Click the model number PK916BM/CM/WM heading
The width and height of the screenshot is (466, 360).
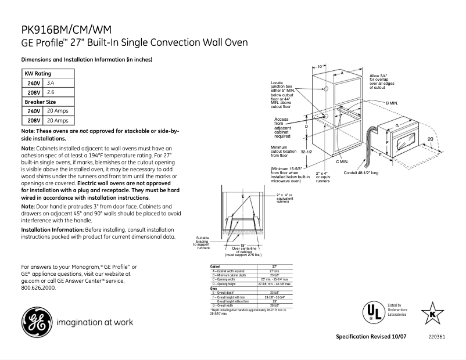(x=67, y=30)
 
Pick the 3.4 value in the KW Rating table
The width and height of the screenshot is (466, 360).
(x=51, y=83)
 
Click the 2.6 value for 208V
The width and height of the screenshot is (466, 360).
(x=51, y=92)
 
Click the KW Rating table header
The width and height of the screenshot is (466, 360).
(x=38, y=74)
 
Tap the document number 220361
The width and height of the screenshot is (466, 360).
(x=436, y=337)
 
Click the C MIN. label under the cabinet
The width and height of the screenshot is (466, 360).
(x=342, y=161)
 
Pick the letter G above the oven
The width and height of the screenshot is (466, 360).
(x=397, y=125)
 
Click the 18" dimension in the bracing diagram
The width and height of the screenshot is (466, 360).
(x=243, y=245)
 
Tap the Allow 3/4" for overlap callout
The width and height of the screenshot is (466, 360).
(x=382, y=81)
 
